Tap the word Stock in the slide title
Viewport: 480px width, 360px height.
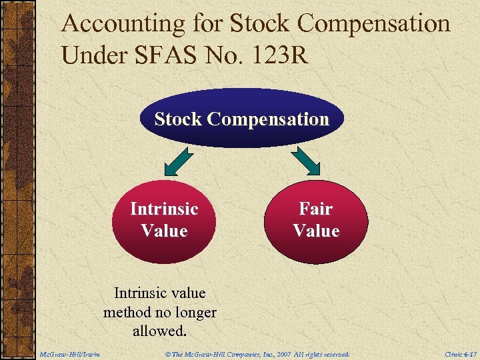coord(260,24)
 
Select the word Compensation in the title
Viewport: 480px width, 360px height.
coord(374,24)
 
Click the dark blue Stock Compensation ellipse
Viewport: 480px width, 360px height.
coord(242,119)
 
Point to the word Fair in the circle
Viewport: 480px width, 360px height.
coord(316,209)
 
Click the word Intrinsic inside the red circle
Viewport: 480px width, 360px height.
coord(165,209)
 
